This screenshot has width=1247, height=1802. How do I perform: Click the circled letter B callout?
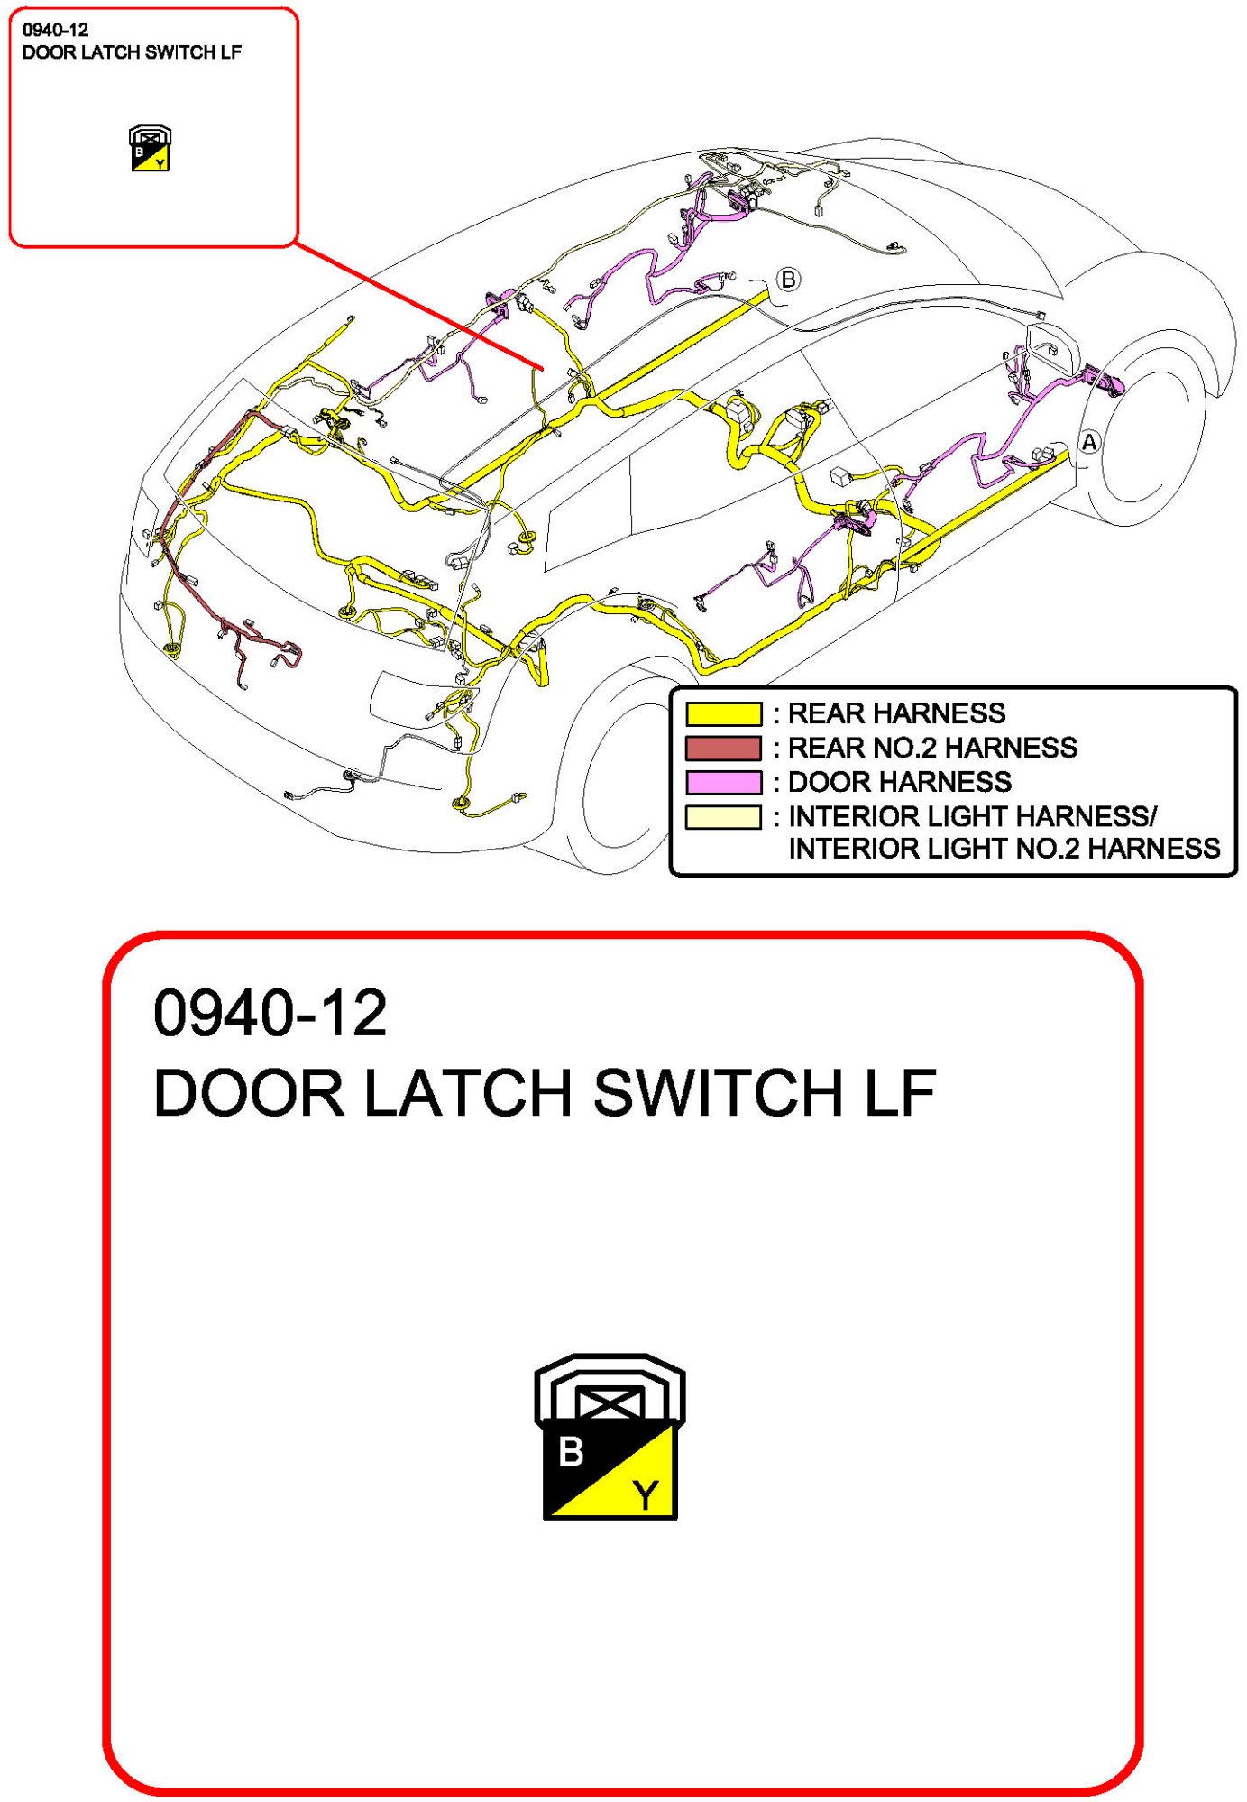point(788,280)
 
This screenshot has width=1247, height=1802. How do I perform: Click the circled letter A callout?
point(1089,442)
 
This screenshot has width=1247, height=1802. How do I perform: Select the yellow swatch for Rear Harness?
point(723,713)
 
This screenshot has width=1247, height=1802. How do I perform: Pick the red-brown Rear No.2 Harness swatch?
point(723,748)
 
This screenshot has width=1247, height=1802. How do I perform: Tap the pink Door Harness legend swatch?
point(723,782)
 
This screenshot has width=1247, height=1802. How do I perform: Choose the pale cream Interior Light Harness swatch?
point(723,817)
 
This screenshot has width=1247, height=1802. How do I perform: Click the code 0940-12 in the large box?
point(270,1013)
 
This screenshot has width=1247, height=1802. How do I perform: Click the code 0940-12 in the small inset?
point(55,30)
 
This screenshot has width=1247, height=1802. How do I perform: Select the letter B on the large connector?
point(571,1452)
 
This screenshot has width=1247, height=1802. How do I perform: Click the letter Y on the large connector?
point(646,1495)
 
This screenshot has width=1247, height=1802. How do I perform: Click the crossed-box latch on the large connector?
point(610,1403)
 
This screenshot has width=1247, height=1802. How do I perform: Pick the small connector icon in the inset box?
point(150,149)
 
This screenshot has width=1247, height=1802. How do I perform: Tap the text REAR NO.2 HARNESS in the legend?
point(932,748)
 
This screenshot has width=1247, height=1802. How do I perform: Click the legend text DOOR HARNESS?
point(900,782)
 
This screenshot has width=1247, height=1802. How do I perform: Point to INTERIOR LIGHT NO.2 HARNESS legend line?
point(1004,849)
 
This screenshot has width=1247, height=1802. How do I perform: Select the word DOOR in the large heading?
point(249,1093)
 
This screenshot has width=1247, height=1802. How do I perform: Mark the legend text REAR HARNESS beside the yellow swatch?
point(896,713)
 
